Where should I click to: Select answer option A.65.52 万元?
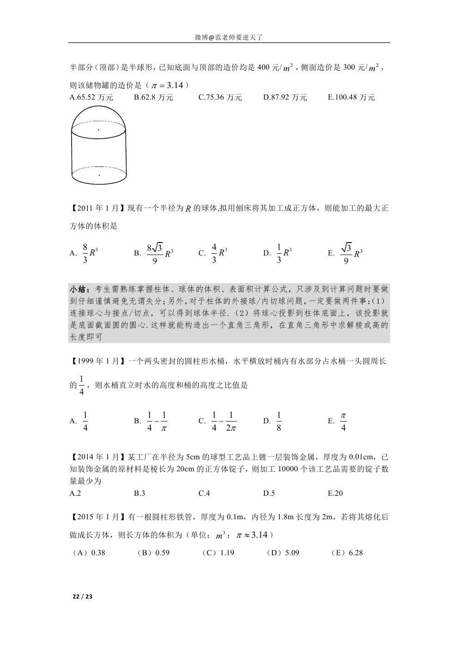91,97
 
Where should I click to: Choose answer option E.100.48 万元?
351,97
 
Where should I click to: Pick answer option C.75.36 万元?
220,97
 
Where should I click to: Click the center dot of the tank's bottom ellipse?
99,175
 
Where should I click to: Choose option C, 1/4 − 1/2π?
223,421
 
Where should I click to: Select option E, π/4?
343,421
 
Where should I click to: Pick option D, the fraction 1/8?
278,421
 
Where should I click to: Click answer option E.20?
335,493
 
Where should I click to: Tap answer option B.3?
139,493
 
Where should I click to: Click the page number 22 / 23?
83,596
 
